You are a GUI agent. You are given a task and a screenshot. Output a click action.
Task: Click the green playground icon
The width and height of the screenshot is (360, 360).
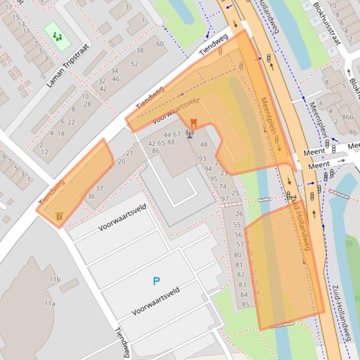click(x=58, y=36)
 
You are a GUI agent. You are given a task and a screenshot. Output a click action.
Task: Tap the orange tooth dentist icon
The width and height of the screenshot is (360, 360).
click(x=193, y=123)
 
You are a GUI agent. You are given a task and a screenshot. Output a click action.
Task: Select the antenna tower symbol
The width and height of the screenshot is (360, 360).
click(x=190, y=135)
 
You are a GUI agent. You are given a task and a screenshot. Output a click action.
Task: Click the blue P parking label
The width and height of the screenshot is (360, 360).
click(x=156, y=281)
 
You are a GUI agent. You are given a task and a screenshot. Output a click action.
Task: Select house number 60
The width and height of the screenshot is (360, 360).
click(x=160, y=44)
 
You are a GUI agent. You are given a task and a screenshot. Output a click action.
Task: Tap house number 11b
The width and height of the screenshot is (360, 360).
click(x=55, y=280)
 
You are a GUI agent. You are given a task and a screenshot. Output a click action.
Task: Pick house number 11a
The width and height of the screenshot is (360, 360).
click(x=50, y=303)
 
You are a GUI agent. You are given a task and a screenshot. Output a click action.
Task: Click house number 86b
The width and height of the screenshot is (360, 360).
click(x=348, y=117)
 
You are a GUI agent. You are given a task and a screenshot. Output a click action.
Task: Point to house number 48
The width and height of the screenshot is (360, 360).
click(x=204, y=144)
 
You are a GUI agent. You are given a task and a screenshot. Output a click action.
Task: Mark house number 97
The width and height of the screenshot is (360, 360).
click(x=225, y=199)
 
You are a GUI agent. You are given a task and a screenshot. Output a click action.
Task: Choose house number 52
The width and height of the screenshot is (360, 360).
click(x=135, y=64)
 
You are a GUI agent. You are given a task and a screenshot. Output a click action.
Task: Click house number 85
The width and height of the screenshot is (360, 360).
click(x=245, y=305)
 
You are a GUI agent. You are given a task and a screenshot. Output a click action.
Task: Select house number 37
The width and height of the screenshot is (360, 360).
click(x=99, y=188)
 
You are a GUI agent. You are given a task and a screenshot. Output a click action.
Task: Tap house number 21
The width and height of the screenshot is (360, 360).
click(x=130, y=153)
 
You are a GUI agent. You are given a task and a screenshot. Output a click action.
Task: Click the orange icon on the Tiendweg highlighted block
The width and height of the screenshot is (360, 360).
click(x=59, y=216)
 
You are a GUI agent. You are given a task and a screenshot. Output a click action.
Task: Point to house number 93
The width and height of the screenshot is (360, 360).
click(x=202, y=158)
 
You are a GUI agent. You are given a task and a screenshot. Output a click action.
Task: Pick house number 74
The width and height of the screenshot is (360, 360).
click(x=223, y=186)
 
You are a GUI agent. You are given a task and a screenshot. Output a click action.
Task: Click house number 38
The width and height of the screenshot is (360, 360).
click(x=140, y=50)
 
